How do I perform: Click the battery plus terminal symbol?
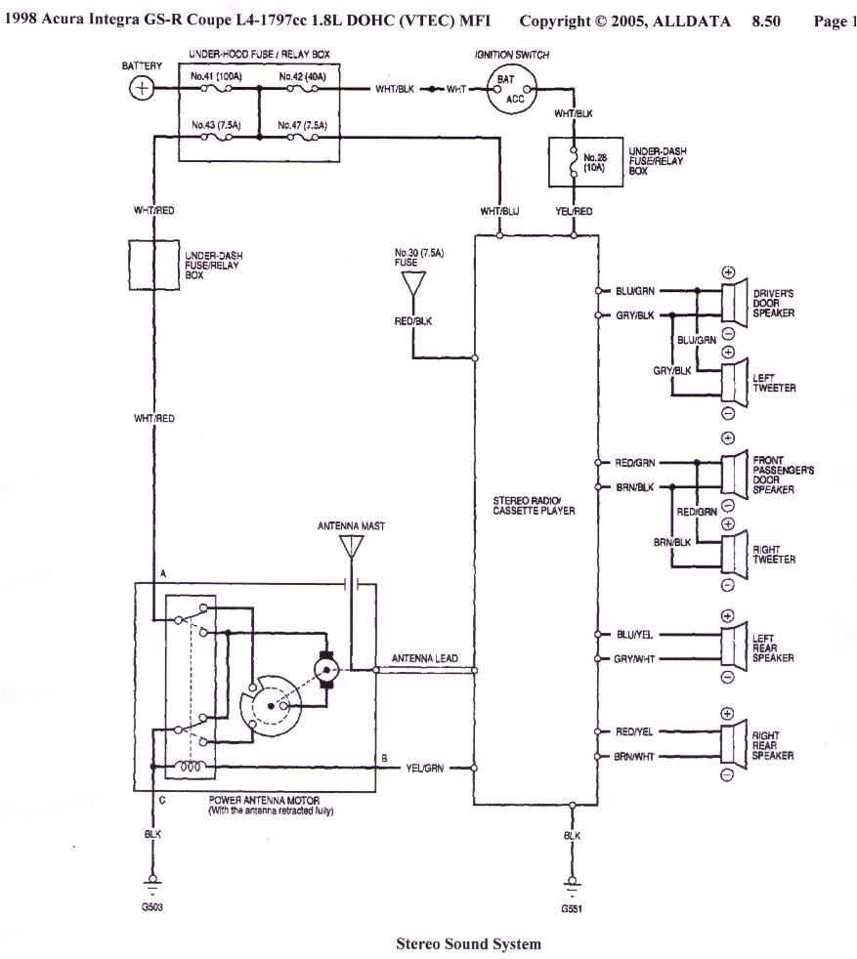pos(143,89)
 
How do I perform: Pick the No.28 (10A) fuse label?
pos(595,162)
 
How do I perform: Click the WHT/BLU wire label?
pos(499,211)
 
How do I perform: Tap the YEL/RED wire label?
pos(574,211)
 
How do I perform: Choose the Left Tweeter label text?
pos(774,383)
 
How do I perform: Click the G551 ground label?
pos(572,909)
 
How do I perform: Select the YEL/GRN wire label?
pos(425,769)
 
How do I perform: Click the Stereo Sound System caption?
pos(468,943)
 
